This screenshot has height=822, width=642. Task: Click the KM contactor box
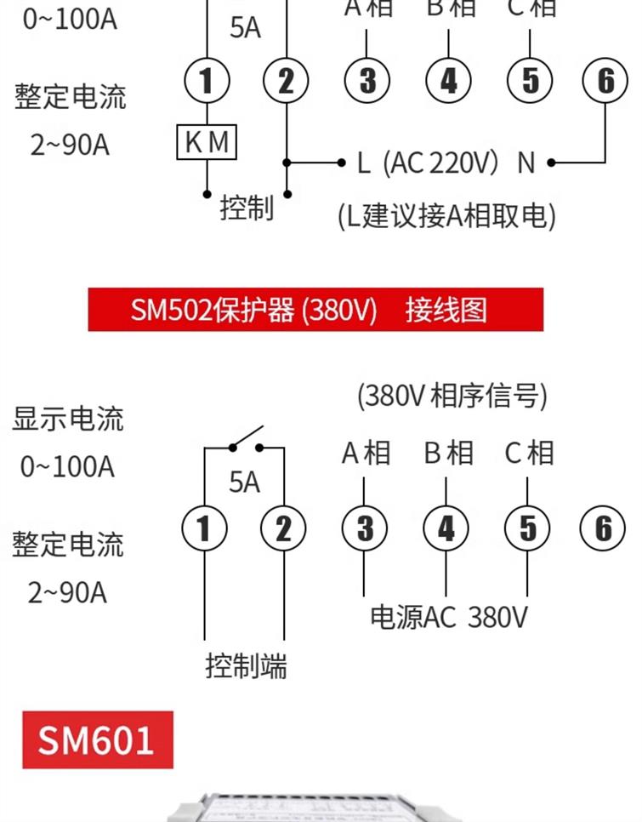[x=207, y=141]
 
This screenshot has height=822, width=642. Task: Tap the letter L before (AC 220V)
[x=364, y=163]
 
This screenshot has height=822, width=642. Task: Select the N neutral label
[x=526, y=163]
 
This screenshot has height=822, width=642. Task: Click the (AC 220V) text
[x=440, y=163]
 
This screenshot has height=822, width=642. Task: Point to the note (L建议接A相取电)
[x=446, y=215]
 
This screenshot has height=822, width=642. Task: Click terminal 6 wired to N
[x=605, y=80]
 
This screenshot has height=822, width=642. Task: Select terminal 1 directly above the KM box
[x=207, y=80]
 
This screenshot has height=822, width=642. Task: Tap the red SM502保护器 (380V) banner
[x=315, y=309]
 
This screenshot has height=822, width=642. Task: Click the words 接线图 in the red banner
[x=446, y=309]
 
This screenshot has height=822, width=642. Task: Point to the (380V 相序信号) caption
[x=452, y=396]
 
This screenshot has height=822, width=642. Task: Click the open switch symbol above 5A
[x=246, y=439]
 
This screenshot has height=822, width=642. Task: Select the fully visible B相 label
[x=449, y=453]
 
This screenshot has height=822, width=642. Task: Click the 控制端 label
[x=246, y=666]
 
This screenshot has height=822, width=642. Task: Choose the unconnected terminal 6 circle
[x=603, y=528]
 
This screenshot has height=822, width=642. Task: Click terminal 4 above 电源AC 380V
[x=446, y=528]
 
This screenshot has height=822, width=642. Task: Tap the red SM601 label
[x=98, y=739]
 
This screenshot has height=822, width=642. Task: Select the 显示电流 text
[x=68, y=419]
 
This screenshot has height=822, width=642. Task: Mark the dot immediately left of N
[x=551, y=163]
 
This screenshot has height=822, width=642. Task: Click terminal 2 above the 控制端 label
[x=283, y=528]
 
